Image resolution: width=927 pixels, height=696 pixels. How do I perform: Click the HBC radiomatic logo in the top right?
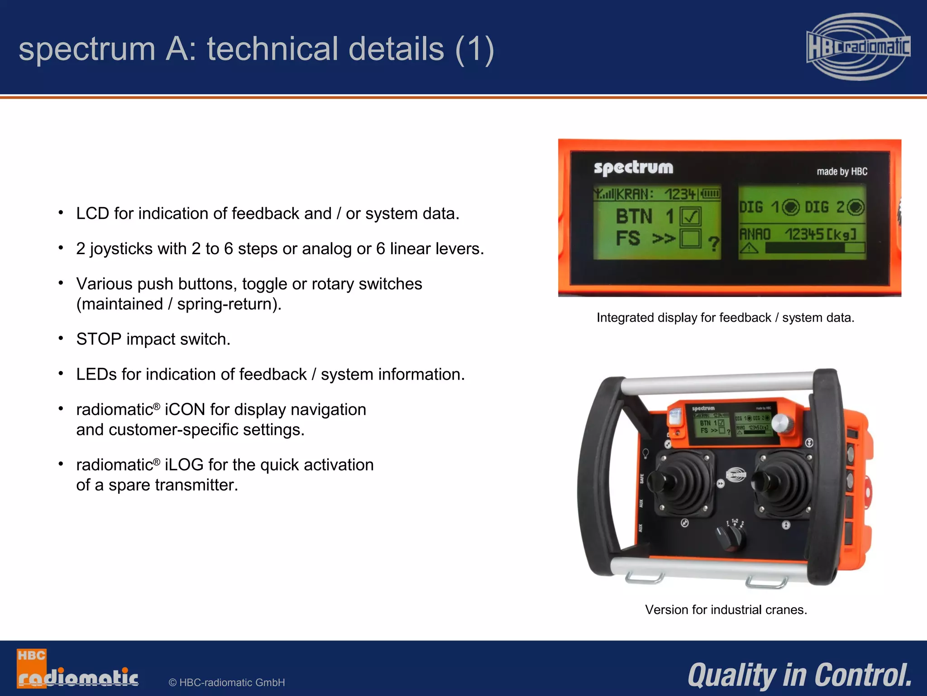pos(858,47)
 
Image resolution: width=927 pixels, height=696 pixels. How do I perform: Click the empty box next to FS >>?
pos(690,238)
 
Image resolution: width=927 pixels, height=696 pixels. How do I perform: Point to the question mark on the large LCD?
pos(713,244)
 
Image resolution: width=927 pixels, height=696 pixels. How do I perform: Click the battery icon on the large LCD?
pos(711,194)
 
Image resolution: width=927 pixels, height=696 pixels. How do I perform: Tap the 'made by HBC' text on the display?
pos(842,171)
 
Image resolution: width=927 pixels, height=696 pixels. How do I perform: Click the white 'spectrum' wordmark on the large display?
pos(633,168)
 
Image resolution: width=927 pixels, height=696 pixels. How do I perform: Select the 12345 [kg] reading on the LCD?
pos(820,234)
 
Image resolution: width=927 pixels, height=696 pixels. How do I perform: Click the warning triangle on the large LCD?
pos(749,248)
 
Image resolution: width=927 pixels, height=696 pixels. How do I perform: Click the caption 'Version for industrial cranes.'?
pos(726,609)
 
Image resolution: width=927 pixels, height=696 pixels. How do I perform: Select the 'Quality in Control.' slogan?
pos(800,675)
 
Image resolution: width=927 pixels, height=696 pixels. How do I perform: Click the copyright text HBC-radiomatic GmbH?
pos(227,682)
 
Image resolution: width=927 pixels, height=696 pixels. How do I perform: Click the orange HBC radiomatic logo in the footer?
pos(77,669)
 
